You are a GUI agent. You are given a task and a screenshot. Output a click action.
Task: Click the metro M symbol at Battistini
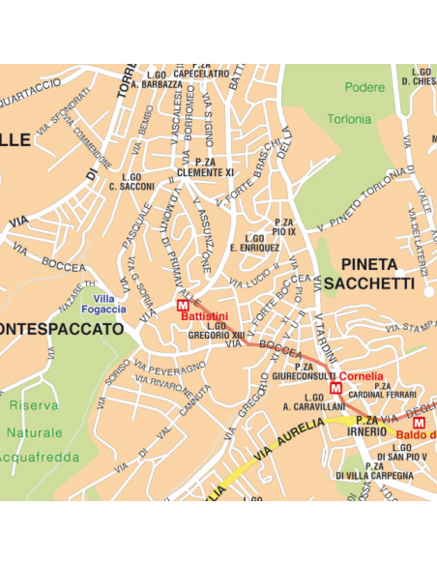point(182,304)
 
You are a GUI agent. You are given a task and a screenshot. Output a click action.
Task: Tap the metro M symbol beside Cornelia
point(336,388)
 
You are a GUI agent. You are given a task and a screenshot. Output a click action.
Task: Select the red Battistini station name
point(203,316)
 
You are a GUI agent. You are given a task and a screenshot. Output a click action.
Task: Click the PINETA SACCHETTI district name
point(368,274)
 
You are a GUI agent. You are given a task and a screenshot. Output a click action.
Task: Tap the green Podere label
point(364,87)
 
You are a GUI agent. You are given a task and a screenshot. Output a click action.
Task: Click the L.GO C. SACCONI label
point(127,181)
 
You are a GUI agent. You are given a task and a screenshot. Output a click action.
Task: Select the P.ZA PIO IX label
point(283,227)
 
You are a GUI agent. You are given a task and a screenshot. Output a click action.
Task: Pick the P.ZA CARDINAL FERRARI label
point(382,389)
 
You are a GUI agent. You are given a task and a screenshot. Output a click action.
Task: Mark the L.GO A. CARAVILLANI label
point(307,402)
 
